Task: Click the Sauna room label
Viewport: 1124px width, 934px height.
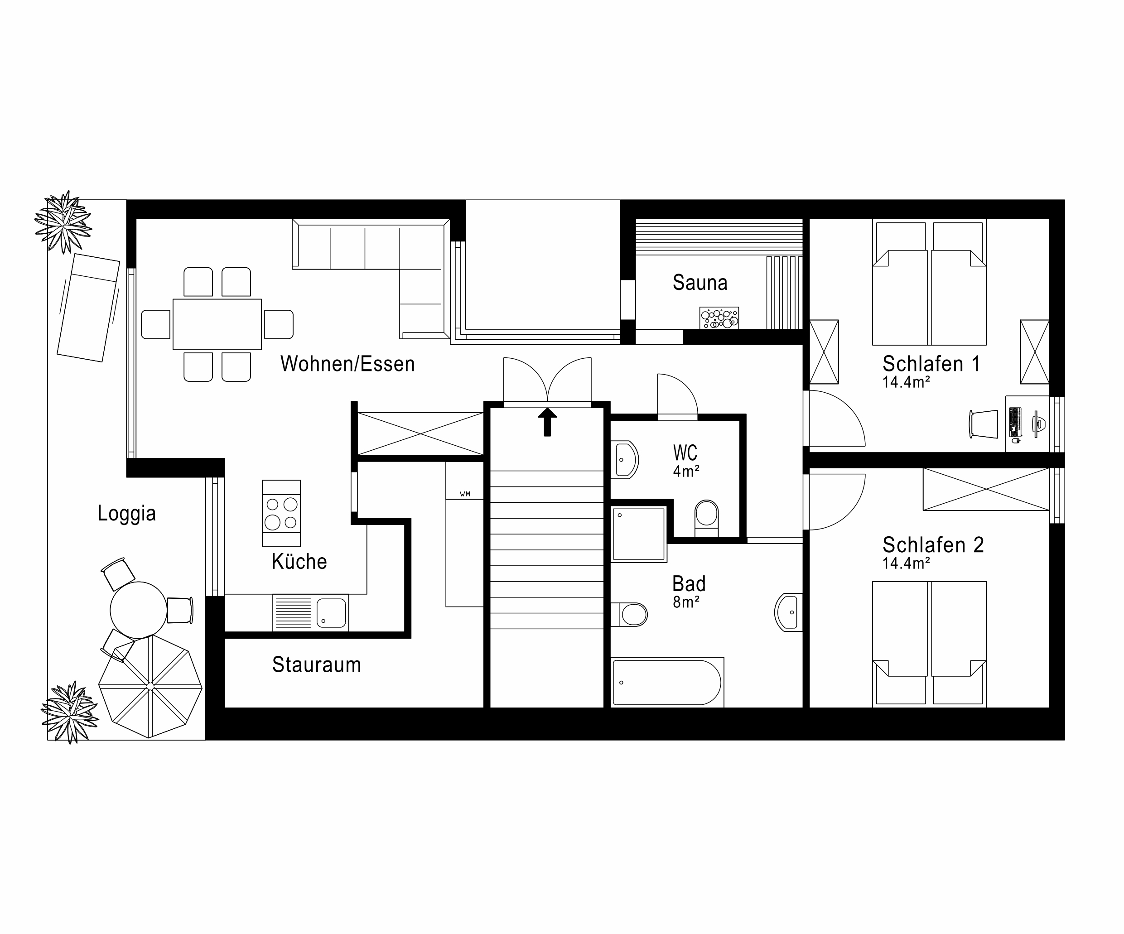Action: (x=699, y=283)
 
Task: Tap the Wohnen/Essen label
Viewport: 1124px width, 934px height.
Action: (x=347, y=364)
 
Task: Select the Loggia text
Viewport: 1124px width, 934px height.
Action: (x=126, y=513)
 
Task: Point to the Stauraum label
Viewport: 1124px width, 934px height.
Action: (x=316, y=665)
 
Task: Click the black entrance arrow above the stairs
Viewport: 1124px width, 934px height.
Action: (x=547, y=422)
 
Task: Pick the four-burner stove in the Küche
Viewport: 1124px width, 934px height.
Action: (x=281, y=513)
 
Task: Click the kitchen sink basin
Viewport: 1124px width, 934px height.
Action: (x=331, y=612)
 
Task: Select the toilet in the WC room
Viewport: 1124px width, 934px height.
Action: (x=706, y=518)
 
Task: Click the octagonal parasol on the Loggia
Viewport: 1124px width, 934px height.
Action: (x=150, y=686)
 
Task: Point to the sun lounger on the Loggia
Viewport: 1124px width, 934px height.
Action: (x=88, y=308)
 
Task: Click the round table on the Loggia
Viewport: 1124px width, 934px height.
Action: (x=138, y=610)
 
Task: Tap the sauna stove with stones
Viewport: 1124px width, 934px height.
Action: (x=719, y=318)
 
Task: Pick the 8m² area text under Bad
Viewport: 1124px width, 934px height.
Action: (x=686, y=602)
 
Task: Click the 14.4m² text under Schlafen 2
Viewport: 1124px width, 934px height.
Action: (x=906, y=563)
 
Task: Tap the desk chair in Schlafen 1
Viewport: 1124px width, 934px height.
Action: (x=984, y=424)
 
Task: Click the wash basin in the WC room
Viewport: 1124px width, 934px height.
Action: (x=625, y=459)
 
